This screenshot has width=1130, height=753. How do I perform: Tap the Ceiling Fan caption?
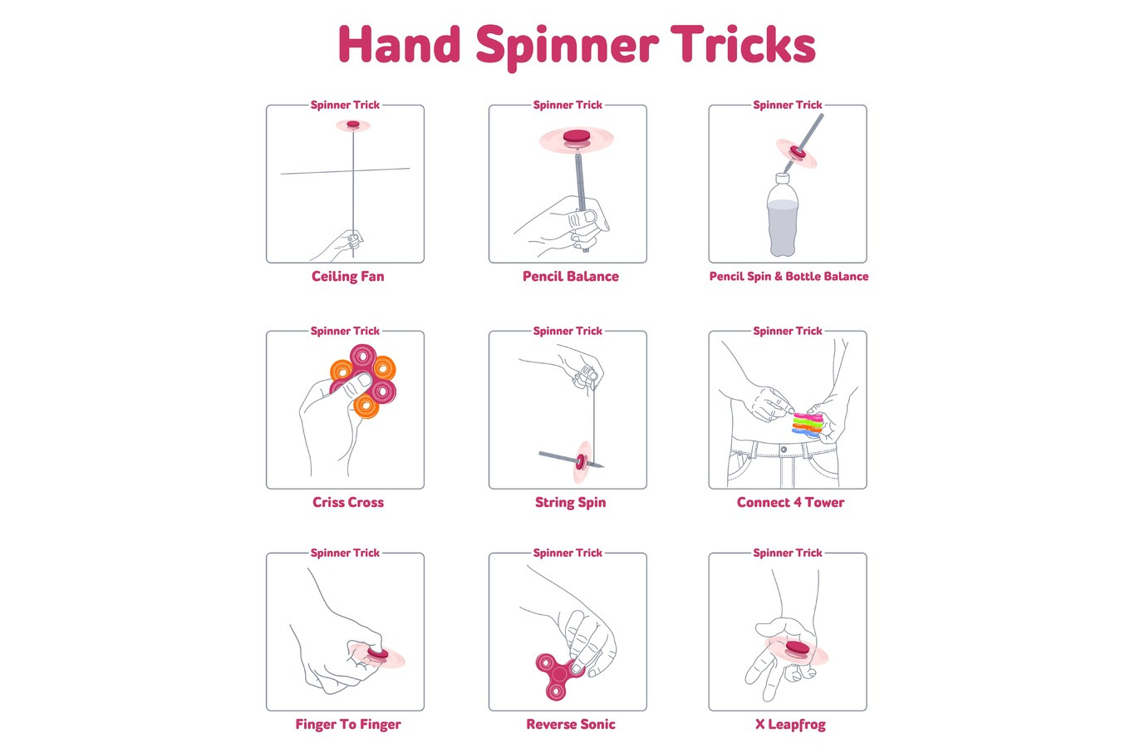348,277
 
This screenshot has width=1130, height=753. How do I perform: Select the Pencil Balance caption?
571,277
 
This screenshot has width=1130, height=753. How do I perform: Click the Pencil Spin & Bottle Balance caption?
789,277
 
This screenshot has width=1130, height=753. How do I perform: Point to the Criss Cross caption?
348,502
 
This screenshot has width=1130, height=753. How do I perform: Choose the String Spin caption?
571,503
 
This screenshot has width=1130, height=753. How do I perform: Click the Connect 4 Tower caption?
790,502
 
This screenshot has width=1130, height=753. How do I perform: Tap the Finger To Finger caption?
348,725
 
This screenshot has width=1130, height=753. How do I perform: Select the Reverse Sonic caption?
571,724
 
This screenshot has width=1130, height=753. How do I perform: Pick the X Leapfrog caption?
790,725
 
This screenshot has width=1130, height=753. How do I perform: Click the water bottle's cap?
783,178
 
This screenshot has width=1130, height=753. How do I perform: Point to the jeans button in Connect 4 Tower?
784,449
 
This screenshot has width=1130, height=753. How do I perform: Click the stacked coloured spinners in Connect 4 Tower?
807,424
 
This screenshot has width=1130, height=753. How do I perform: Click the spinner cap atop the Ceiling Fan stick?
353,124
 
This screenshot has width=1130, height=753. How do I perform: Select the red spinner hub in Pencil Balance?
577,136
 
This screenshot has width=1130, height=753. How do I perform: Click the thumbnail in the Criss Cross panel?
364,380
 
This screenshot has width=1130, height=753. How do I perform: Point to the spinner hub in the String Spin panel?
581,461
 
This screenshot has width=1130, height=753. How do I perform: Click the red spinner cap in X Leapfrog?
797,648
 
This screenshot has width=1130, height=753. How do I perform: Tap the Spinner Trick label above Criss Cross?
345,331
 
